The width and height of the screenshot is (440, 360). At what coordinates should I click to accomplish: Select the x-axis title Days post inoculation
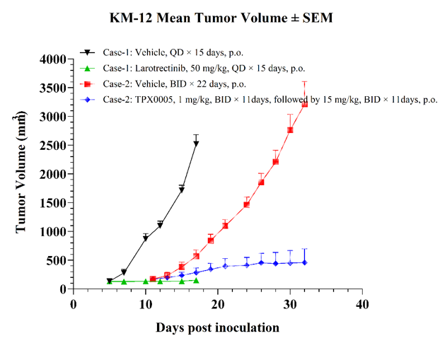tap(217, 327)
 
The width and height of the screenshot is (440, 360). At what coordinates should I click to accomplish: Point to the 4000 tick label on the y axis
tap(53, 59)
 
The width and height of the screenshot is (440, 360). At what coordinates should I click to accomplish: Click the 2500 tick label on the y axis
tap(53, 146)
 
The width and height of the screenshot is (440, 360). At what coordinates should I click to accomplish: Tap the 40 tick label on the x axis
tap(362, 304)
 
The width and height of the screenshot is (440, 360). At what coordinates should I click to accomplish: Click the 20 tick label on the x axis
tap(218, 304)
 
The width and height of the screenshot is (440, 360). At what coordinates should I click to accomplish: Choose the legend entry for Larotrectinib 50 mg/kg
tap(204, 68)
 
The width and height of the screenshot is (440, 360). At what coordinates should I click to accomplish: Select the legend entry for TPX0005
tap(270, 100)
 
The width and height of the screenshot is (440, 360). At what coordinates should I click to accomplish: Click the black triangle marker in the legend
tap(88, 52)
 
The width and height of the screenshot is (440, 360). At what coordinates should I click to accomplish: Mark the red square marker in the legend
tap(88, 84)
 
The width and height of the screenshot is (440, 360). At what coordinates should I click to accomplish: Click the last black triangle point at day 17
tap(196, 144)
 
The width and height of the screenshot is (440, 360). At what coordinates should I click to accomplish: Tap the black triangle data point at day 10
tap(146, 238)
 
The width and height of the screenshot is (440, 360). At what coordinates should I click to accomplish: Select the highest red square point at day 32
tap(305, 105)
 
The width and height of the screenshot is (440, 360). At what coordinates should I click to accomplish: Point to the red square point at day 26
tap(261, 182)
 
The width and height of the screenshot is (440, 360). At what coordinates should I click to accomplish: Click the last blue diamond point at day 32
tap(305, 262)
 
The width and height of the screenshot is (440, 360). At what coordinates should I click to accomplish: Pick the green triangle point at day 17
tap(196, 280)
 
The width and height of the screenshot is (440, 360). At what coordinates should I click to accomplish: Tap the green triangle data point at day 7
tap(124, 281)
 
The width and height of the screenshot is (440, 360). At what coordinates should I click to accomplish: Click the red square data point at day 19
tap(211, 240)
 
